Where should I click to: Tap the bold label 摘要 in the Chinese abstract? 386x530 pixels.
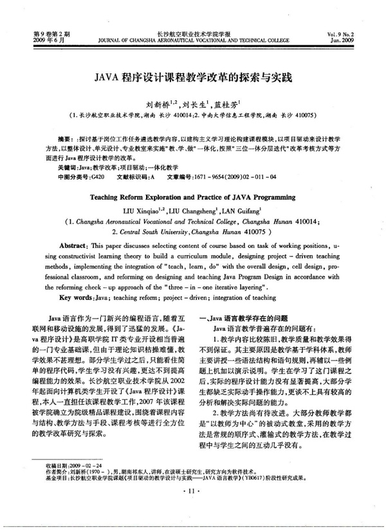pyautogui.click(x=65, y=138)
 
